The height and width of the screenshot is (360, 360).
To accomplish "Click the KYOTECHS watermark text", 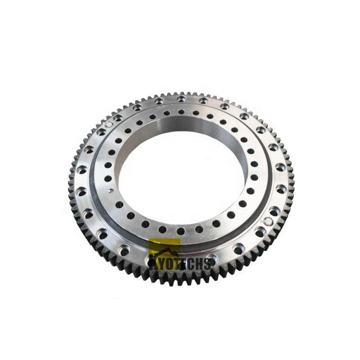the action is coord(180,263).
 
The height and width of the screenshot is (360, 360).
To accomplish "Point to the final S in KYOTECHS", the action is coord(207,263).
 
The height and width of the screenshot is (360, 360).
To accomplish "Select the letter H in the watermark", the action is coord(199,263).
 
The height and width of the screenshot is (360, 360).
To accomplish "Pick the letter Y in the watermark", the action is coord(161,263).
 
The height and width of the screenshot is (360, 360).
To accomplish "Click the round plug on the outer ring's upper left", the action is coord(108,124).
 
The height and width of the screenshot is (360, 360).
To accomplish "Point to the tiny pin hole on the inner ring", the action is coord(110,190).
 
